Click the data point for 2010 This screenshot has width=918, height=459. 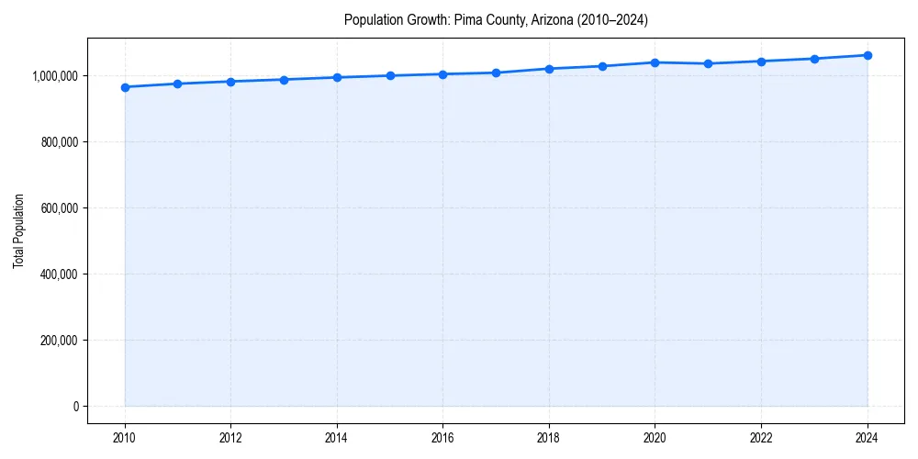[125, 87]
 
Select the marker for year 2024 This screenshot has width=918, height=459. [868, 55]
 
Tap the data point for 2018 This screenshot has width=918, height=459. [549, 69]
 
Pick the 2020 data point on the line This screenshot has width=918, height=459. [655, 62]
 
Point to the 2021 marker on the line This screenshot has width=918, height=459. [708, 64]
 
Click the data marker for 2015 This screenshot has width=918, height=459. [390, 75]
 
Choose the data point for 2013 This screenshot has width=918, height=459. [284, 80]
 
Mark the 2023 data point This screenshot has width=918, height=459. [814, 59]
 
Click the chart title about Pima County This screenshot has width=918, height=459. [496, 20]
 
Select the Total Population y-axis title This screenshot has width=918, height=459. [18, 230]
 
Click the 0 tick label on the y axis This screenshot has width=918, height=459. [75, 407]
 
